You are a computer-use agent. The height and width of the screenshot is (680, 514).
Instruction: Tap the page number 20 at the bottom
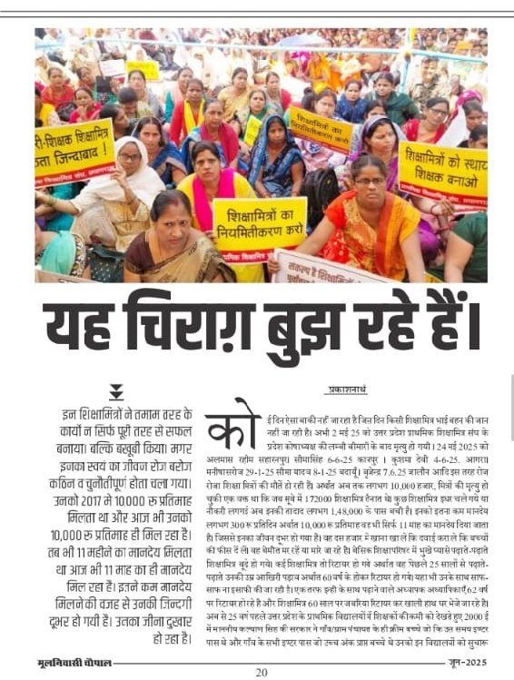tap(261, 673)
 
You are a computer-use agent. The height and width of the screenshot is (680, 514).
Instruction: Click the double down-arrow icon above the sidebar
tap(116, 391)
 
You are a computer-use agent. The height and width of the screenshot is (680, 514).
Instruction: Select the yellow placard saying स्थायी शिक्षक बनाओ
tap(442, 172)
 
